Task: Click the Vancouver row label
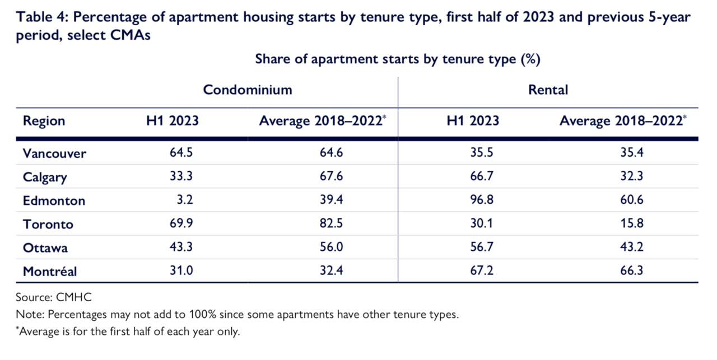54,153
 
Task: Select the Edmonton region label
54,200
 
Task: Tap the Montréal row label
50,272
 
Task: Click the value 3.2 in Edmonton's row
185,199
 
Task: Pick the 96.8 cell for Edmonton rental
482,199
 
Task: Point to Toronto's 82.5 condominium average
331,223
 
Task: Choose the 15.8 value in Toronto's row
631,223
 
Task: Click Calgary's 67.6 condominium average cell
331,176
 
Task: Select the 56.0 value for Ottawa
331,247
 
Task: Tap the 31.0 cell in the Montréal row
181,270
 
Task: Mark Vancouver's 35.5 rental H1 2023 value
482,152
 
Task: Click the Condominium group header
248,90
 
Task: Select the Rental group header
548,90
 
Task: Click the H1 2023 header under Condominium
172,120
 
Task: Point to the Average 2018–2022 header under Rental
623,121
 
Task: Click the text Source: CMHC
54,297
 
